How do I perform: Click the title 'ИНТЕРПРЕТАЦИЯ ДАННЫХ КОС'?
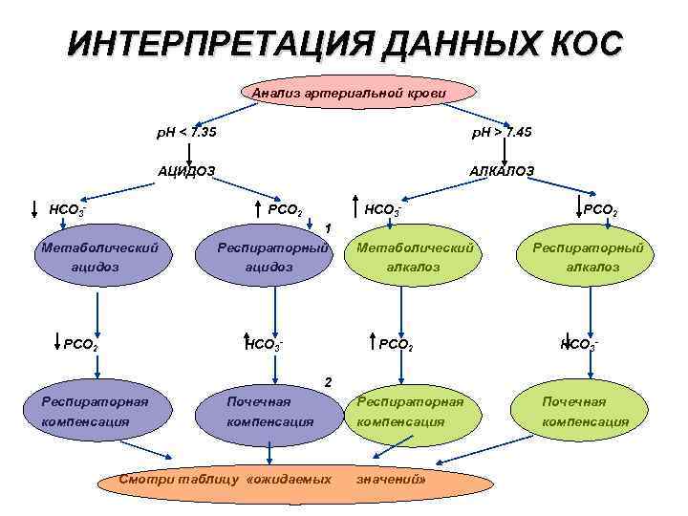[344, 44]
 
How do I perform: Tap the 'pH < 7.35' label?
[186, 131]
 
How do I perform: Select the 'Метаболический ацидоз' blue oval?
[96, 257]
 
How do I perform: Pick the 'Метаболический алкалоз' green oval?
[415, 257]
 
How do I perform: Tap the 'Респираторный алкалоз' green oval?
[588, 257]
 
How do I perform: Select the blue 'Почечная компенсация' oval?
[269, 411]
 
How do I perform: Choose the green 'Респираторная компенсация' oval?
[411, 411]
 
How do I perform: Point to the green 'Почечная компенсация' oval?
[586, 411]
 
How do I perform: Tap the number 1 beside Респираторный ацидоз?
[328, 228]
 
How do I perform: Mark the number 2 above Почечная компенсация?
[328, 382]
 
